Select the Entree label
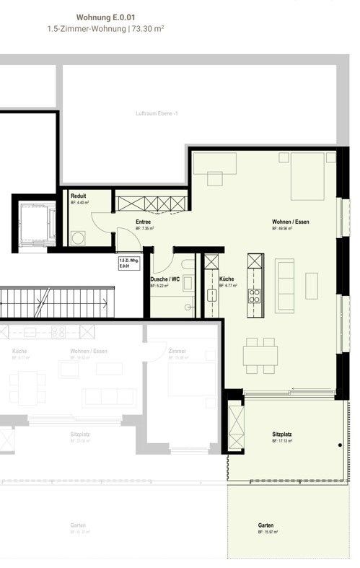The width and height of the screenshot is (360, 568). coord(144,222)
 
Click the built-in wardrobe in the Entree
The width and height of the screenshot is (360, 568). coord(149,201)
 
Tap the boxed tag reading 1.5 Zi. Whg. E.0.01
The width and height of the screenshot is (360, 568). coord(128,263)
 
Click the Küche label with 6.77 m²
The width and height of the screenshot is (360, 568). coord(226,279)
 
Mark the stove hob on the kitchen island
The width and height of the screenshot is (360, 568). coord(255,294)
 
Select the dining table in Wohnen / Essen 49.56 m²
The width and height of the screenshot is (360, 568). coord(260,354)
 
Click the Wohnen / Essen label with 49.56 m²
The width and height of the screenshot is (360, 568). coord(290,222)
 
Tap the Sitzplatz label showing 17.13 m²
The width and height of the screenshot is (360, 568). coord(282,434)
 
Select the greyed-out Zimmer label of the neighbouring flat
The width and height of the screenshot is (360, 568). coord(177,351)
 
